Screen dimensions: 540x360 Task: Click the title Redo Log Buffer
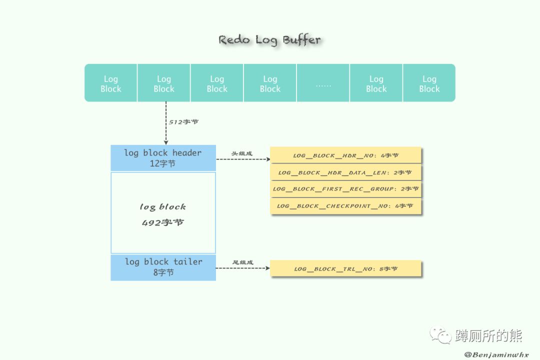pyautogui.click(x=269, y=40)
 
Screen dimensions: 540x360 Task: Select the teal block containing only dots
pyautogui.click(x=323, y=83)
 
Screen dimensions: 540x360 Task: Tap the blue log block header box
pyautogui.click(x=163, y=157)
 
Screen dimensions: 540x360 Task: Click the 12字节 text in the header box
pyautogui.click(x=163, y=163)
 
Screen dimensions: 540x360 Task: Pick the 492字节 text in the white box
pyautogui.click(x=163, y=222)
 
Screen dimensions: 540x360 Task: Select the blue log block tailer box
pyautogui.click(x=163, y=267)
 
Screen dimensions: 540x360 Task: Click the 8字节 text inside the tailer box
pyautogui.click(x=163, y=272)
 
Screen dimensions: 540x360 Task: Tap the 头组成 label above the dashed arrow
pyautogui.click(x=241, y=153)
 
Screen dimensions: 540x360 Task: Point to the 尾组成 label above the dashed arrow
pyautogui.click(x=243, y=262)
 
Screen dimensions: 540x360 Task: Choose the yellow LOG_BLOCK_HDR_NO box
pyautogui.click(x=346, y=155)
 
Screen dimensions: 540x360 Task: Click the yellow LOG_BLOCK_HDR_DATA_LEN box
pyautogui.click(x=346, y=172)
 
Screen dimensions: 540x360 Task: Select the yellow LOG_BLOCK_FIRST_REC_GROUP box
pyautogui.click(x=346, y=189)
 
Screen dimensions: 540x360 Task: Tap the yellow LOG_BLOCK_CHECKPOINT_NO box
pyautogui.click(x=346, y=206)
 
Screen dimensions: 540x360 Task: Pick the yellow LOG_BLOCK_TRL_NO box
pyautogui.click(x=346, y=269)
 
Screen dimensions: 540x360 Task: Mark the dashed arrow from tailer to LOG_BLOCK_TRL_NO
pyautogui.click(x=242, y=268)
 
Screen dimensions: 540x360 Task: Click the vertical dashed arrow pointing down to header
pyautogui.click(x=166, y=122)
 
